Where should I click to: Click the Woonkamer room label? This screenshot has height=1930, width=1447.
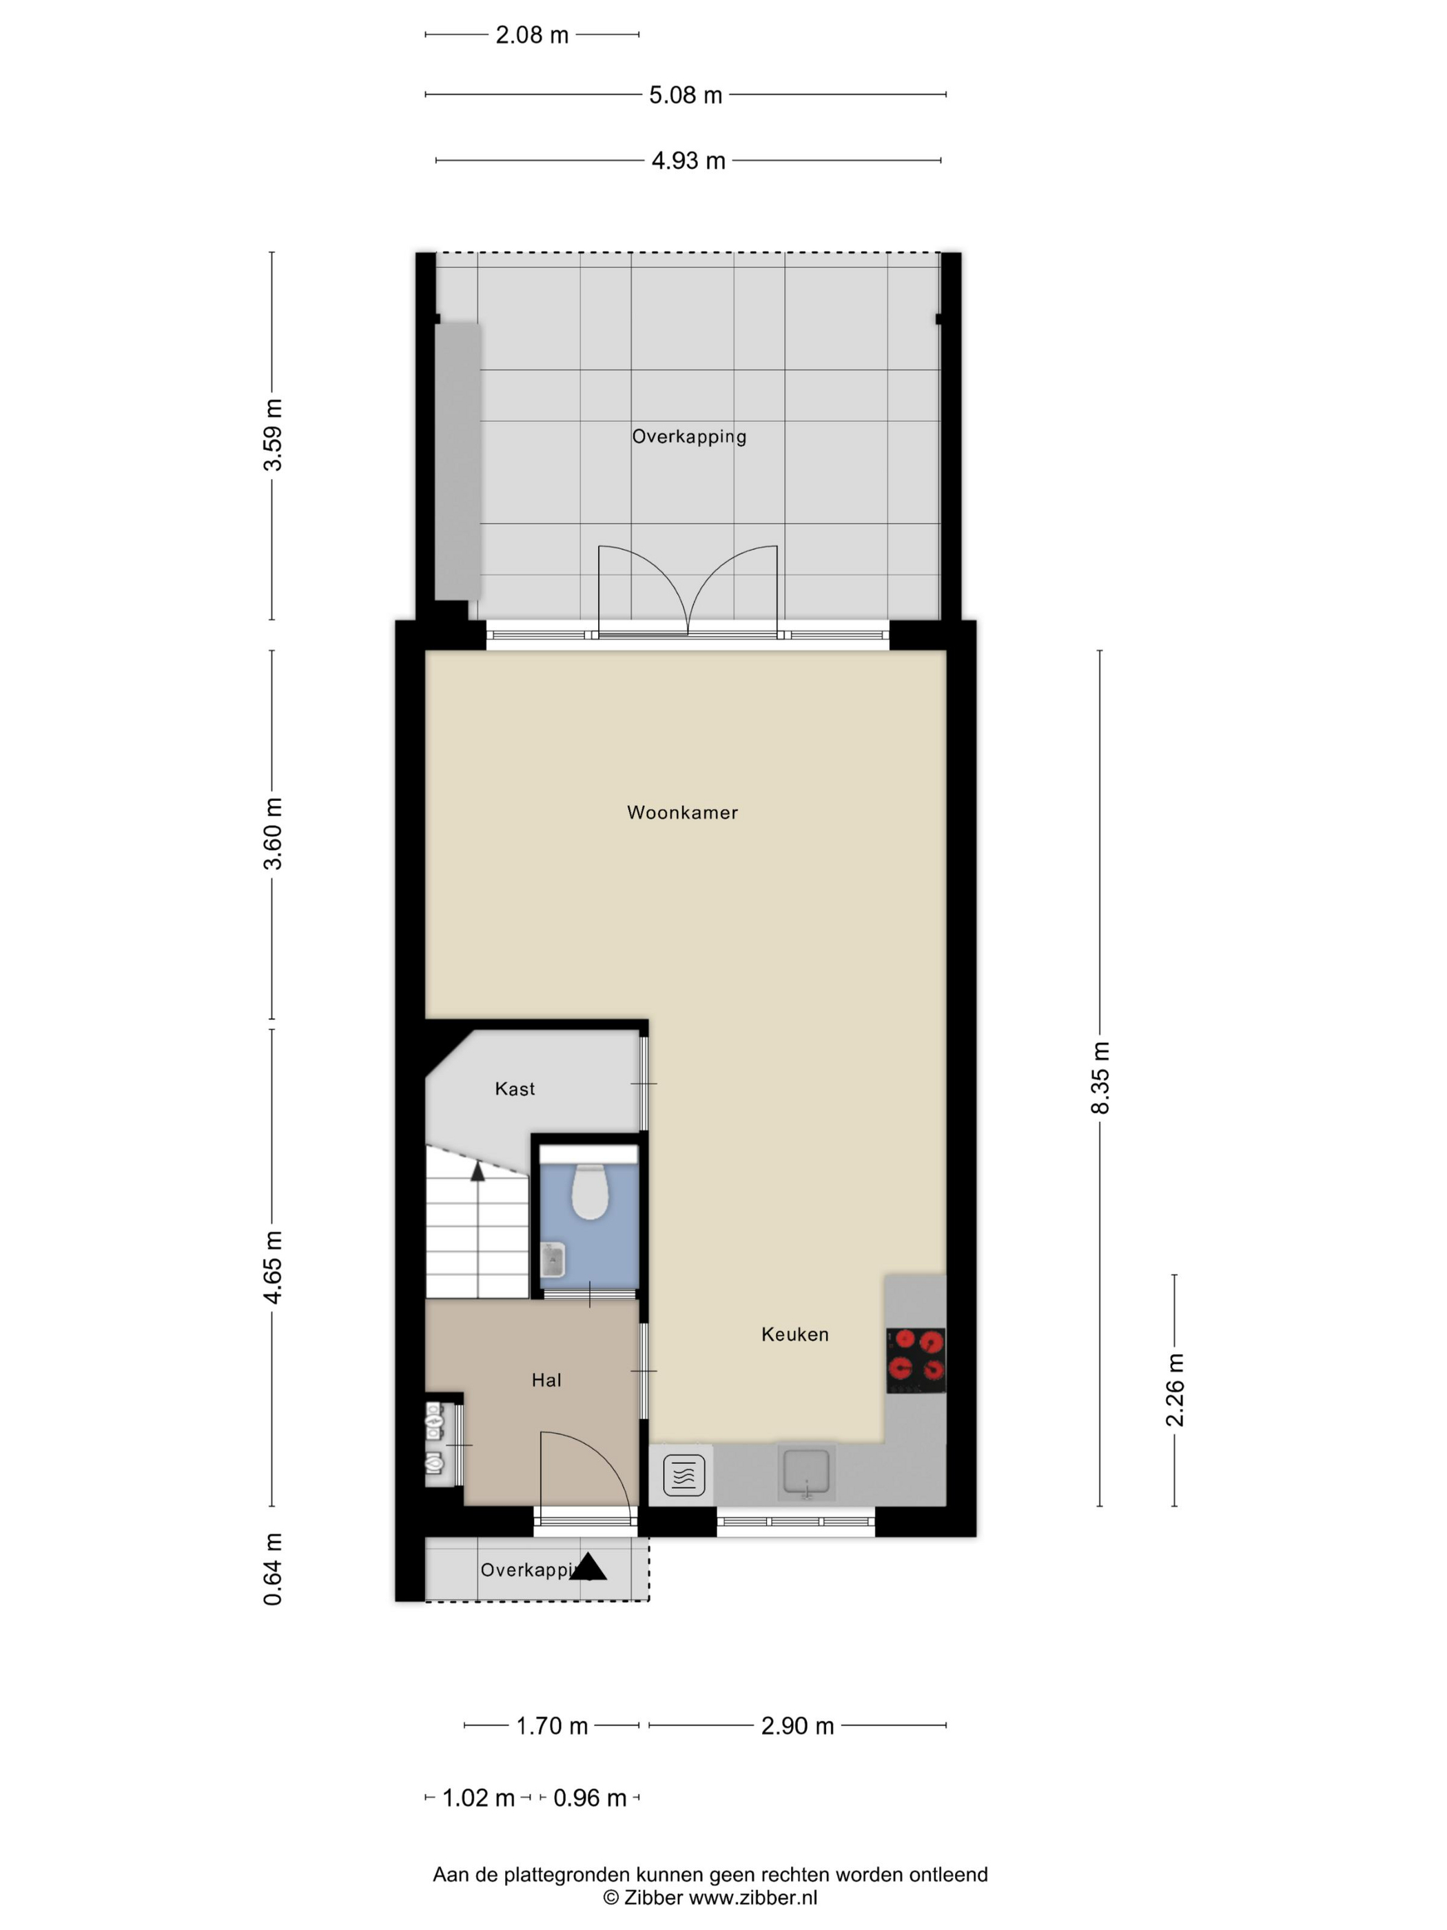point(682,812)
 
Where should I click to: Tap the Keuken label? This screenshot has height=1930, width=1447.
point(794,1333)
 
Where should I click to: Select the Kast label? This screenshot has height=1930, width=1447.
point(515,1088)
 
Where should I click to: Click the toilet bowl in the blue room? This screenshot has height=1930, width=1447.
point(590,1190)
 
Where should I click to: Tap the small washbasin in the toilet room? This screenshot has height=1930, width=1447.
point(552,1260)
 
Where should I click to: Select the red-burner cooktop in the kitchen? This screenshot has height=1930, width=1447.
point(916,1360)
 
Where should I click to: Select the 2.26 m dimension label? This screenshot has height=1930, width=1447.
point(1175,1390)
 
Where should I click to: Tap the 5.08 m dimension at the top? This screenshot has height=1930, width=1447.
point(686,95)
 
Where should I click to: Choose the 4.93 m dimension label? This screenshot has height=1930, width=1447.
point(688,161)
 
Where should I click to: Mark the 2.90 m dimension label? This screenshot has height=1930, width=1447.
point(797,1726)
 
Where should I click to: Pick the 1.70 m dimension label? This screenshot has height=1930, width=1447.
point(552,1726)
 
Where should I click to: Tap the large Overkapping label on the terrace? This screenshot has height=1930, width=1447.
point(689,436)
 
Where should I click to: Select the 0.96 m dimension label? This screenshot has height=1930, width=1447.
point(590,1798)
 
